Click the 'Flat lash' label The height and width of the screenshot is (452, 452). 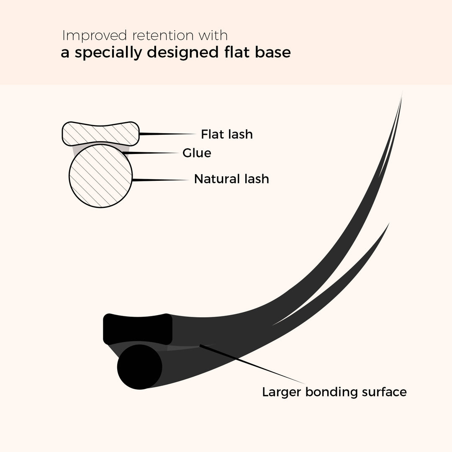pos(227,134)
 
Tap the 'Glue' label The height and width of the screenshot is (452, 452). pos(197,153)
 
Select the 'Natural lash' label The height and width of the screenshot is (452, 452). pos(231,179)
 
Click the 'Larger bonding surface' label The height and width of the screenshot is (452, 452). pos(334,392)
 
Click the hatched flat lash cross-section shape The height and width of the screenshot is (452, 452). pos(100,134)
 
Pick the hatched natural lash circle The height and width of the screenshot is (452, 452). pos(100,175)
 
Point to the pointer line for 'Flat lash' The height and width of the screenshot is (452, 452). pos(167,134)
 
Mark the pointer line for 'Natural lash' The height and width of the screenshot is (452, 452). pos(160,180)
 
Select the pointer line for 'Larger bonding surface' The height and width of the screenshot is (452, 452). pos(252,364)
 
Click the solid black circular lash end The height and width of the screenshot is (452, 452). pos(139,367)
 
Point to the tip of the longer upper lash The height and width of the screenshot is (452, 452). pos(403,92)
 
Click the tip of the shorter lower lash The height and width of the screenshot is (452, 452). pos(389,223)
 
